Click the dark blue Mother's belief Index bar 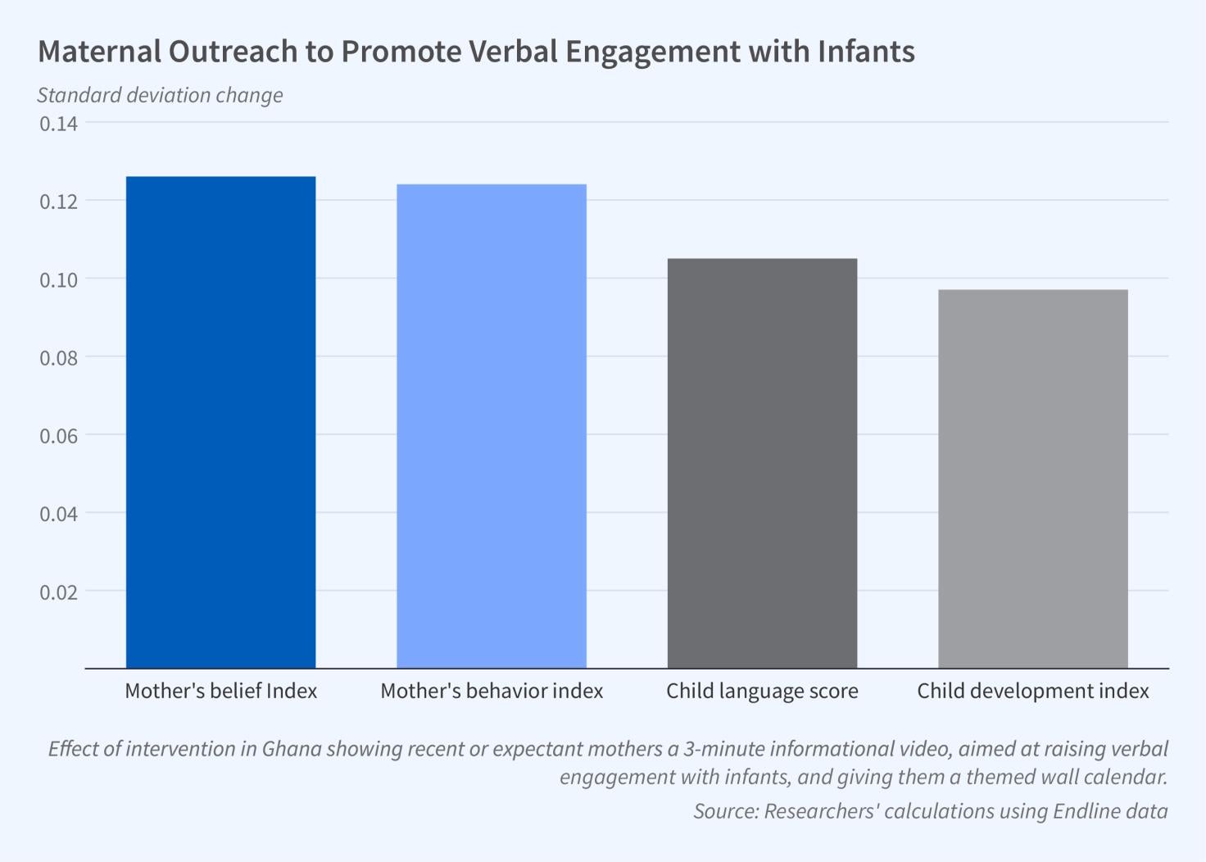[220, 422]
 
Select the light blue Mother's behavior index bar [492, 426]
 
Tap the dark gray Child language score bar [762, 463]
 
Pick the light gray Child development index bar [1032, 479]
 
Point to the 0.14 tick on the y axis [59, 124]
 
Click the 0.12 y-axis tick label [59, 202]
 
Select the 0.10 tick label [59, 280]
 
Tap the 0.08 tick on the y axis [59, 358]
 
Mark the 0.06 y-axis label [59, 436]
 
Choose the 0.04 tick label [59, 514]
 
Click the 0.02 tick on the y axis [59, 592]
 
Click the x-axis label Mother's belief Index [220, 691]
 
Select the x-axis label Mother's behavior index [492, 691]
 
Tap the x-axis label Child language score [762, 691]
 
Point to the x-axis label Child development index [1032, 691]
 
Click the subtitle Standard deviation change [160, 95]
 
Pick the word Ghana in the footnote [292, 749]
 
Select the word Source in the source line [724, 811]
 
